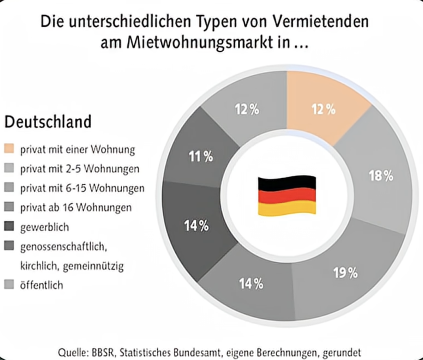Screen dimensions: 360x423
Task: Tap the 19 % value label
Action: (x=345, y=273)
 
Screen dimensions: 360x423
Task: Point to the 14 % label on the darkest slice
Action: (x=196, y=226)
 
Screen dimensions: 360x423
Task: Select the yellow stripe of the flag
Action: (x=287, y=208)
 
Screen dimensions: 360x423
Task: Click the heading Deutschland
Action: (x=48, y=122)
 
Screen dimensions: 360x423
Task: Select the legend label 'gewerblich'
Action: (x=44, y=227)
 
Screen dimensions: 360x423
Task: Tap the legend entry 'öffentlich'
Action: (x=41, y=285)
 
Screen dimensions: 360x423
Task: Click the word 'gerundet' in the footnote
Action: (x=340, y=352)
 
